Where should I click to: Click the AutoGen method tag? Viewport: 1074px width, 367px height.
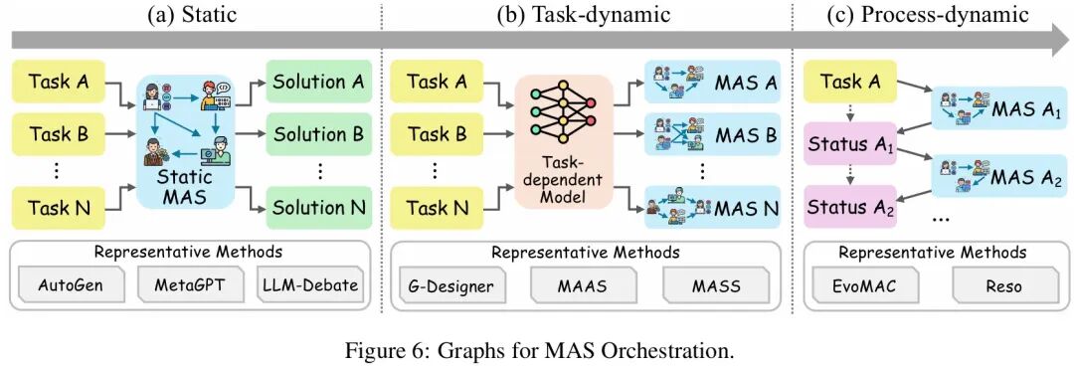point(71,286)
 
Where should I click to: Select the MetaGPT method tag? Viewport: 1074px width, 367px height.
point(189,286)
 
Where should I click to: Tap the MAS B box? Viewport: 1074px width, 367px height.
point(711,132)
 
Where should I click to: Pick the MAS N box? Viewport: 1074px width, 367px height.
point(711,208)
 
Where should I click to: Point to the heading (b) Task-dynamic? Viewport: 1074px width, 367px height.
point(585,14)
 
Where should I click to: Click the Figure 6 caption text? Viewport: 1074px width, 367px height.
point(537,349)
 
